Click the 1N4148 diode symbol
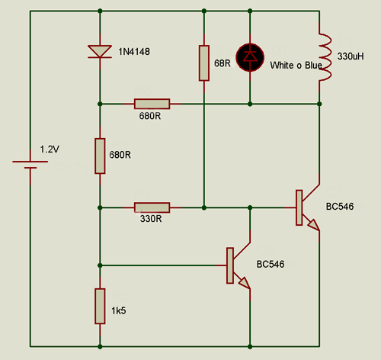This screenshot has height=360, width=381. point(100,52)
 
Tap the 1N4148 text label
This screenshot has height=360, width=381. point(134,52)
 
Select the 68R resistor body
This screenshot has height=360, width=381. point(204,63)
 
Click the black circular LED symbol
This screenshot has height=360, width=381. point(250,57)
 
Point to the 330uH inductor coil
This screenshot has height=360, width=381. point(325,57)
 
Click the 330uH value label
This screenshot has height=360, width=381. point(351,56)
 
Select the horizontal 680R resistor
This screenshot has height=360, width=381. point(152,104)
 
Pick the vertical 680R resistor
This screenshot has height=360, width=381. point(100,156)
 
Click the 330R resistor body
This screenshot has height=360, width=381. point(152,207)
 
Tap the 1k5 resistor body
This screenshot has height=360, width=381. point(100,306)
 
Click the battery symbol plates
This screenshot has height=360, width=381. point(30,165)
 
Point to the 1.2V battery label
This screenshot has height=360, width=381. point(50,149)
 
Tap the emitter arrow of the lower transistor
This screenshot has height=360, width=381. point(244,282)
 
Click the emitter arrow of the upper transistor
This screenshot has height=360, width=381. point(313,224)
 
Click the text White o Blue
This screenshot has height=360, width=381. point(296,66)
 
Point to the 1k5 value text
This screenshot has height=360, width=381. point(119,310)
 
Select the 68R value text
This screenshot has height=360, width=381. point(223,63)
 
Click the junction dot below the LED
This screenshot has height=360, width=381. point(250,104)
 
